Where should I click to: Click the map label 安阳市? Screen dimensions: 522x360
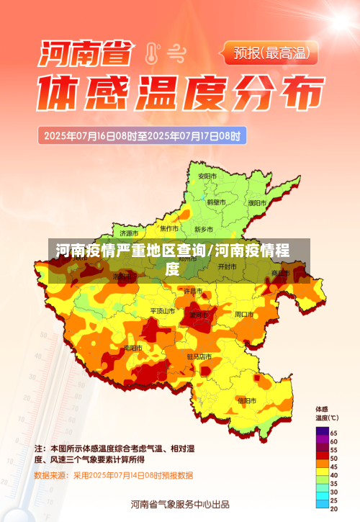(207, 176)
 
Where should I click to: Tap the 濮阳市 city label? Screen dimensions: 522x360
(257, 203)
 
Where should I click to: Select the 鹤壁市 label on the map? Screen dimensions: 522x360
(217, 203)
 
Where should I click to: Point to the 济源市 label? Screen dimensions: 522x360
(129, 233)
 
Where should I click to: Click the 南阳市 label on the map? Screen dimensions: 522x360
(133, 348)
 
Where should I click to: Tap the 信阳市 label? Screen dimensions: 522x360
(246, 400)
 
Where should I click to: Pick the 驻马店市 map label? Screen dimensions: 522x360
(199, 356)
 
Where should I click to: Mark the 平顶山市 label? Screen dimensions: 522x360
(162, 311)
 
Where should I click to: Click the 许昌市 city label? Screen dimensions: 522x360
(193, 291)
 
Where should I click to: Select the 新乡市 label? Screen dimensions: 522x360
(204, 229)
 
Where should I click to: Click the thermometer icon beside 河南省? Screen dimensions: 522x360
(150, 53)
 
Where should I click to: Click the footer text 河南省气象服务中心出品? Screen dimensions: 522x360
(180, 504)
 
